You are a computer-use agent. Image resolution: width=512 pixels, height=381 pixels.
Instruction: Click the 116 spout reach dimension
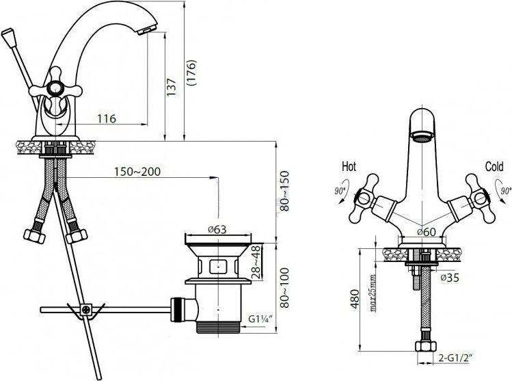coord(105,119)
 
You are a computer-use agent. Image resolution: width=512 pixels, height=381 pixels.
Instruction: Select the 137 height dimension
coord(172,86)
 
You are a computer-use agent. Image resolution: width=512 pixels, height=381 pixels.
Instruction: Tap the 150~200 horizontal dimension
coord(137,172)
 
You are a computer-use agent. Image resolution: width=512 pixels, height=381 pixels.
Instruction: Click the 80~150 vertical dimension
coord(282,190)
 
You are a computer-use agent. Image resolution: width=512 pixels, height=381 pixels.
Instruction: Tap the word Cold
coord(494,167)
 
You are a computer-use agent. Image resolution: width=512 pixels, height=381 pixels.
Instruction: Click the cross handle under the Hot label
coord(360,199)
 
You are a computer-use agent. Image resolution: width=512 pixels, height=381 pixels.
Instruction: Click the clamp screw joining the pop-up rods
coord(86,310)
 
